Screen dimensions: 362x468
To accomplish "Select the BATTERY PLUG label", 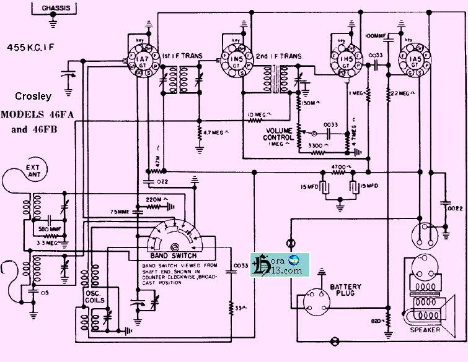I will pos(345,291).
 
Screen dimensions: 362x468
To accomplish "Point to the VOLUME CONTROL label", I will pos(283,134).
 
